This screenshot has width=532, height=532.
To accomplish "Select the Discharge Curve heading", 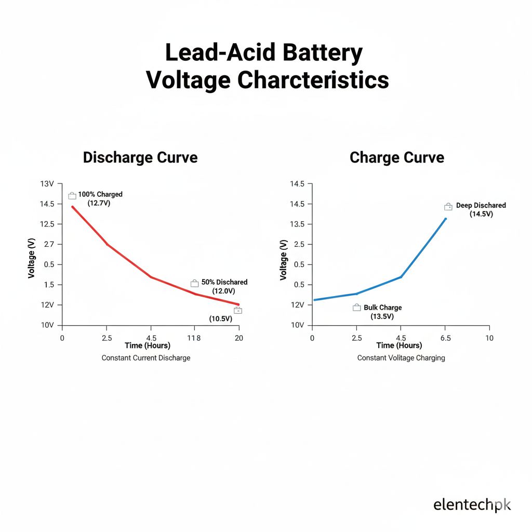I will pyautogui.click(x=140, y=157).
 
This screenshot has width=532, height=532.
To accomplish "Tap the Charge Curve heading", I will pyautogui.click(x=397, y=157).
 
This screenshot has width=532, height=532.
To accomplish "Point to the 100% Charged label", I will pyautogui.click(x=100, y=194).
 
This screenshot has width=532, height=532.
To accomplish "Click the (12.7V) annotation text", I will pyautogui.click(x=99, y=203).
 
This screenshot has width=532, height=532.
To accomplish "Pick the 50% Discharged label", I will pyautogui.click(x=224, y=282).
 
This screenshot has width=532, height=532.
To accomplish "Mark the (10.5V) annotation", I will pyautogui.click(x=220, y=318).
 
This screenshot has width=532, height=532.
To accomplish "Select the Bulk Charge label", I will pyautogui.click(x=382, y=308).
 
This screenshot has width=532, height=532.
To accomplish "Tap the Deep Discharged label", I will pyautogui.click(x=481, y=205).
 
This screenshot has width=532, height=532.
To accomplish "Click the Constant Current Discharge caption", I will pyautogui.click(x=146, y=358).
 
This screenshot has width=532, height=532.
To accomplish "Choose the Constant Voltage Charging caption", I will pyautogui.click(x=401, y=358).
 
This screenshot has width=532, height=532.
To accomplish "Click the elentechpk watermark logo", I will pyautogui.click(x=472, y=504).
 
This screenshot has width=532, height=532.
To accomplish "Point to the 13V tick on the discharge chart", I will pyautogui.click(x=47, y=184).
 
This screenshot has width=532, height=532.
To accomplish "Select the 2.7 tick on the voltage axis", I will pyautogui.click(x=49, y=244).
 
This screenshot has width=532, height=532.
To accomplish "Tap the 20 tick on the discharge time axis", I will pyautogui.click(x=239, y=338).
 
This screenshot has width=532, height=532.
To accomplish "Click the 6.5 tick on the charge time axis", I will pyautogui.click(x=445, y=338).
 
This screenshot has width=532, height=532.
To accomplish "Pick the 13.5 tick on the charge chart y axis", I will pyautogui.click(x=298, y=224).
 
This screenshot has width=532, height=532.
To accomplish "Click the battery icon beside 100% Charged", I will pyautogui.click(x=72, y=195).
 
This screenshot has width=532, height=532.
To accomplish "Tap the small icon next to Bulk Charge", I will pyautogui.click(x=356, y=308).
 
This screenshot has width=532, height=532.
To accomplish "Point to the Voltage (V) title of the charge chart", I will pyautogui.click(x=283, y=260).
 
